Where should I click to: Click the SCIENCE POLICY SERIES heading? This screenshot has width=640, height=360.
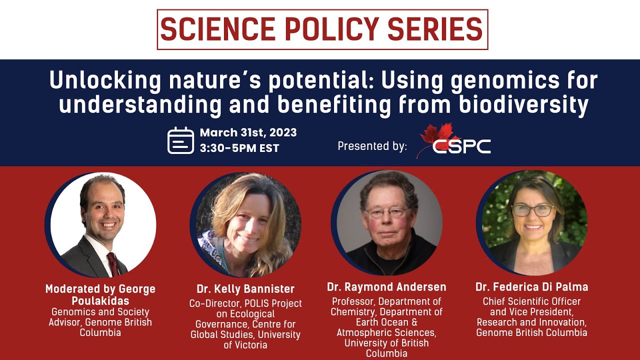tap(322, 29)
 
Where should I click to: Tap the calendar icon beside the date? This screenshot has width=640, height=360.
tap(180, 140)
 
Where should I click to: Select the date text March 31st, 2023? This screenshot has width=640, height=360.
tap(248, 132)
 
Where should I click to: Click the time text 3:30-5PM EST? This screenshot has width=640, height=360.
tap(239, 148)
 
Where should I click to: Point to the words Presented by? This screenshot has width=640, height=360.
tap(372, 146)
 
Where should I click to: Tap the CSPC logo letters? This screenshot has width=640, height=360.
tap(461, 146)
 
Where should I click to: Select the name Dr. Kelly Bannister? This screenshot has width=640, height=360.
tap(245, 289)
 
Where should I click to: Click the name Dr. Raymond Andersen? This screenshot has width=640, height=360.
tap(386, 287)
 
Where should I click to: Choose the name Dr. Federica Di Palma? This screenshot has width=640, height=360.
tap(531, 287)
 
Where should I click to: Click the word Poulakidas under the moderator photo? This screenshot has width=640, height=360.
tap(100, 300)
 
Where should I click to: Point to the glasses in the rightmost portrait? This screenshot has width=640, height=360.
tap(532, 210)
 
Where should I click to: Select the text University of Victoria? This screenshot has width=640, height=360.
tap(245, 339)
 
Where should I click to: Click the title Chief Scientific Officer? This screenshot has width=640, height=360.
tap(531, 301)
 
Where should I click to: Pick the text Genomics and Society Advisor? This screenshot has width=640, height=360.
tap(100, 317)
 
